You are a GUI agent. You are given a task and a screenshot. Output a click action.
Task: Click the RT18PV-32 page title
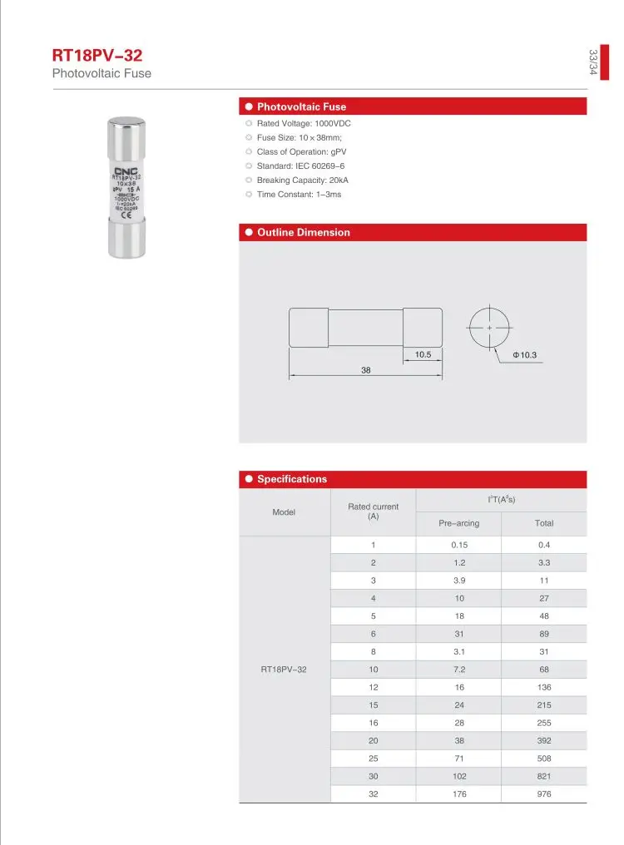click(x=97, y=57)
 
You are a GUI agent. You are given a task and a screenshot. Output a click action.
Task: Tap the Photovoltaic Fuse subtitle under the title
click(x=102, y=74)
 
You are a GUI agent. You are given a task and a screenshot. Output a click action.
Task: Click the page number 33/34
click(x=593, y=63)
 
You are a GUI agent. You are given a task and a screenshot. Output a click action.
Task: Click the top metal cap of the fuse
click(x=127, y=133)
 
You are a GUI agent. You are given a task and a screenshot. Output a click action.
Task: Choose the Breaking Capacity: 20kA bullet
click(x=302, y=180)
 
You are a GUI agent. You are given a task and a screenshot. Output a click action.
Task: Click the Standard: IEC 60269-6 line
click(x=300, y=166)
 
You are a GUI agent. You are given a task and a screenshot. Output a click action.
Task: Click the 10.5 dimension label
click(x=423, y=355)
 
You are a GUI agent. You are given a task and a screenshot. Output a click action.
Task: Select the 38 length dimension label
click(x=365, y=370)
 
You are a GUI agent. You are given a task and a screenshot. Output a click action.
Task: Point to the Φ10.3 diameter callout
click(x=524, y=356)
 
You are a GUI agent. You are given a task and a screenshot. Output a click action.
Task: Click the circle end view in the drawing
click(x=490, y=329)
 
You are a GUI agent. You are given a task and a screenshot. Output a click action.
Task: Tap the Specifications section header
click(x=292, y=479)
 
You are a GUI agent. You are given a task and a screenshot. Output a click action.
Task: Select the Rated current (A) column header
click(x=373, y=511)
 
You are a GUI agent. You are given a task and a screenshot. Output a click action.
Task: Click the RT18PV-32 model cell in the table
click(x=284, y=669)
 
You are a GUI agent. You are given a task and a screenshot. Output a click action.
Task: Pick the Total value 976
click(x=544, y=793)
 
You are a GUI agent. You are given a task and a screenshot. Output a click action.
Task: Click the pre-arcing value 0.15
click(x=459, y=545)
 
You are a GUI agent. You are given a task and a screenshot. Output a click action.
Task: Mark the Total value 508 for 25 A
click(x=544, y=759)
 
